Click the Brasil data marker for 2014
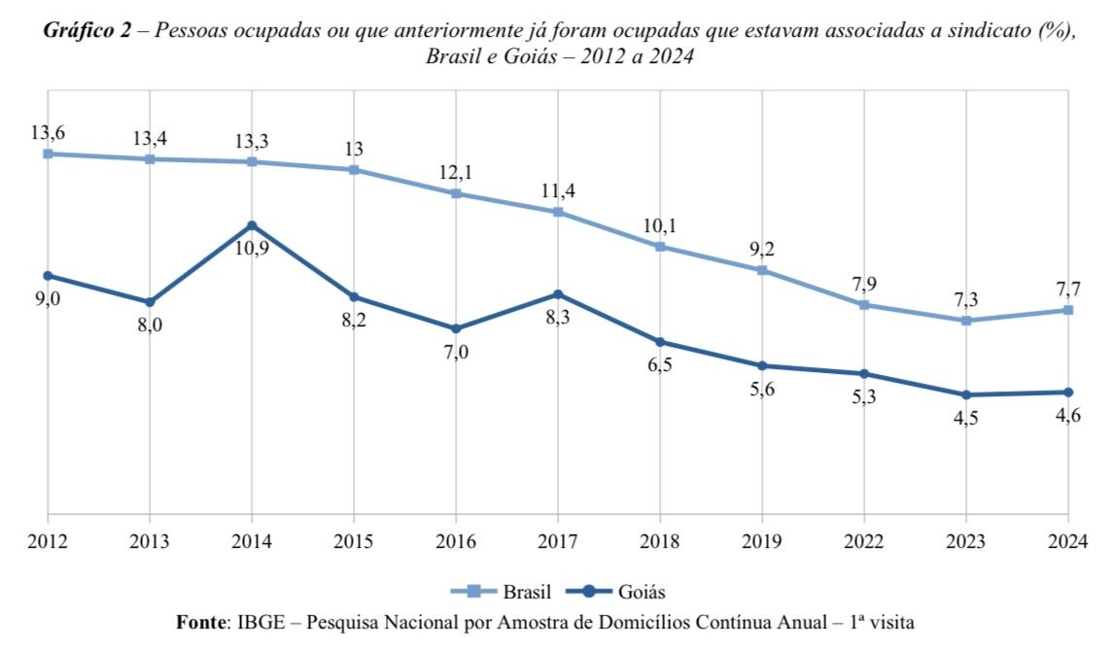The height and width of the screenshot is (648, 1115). point(252,161)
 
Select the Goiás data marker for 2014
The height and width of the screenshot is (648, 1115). point(252,225)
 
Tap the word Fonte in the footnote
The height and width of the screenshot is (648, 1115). point(200,620)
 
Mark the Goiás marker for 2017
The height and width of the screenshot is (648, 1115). point(558,294)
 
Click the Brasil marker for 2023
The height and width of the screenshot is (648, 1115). point(966,321)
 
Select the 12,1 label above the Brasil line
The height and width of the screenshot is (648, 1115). point(456,171)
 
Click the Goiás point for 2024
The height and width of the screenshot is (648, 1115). point(1068,392)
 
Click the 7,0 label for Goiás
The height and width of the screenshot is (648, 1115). point(456,353)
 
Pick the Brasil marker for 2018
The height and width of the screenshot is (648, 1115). point(660,247)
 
